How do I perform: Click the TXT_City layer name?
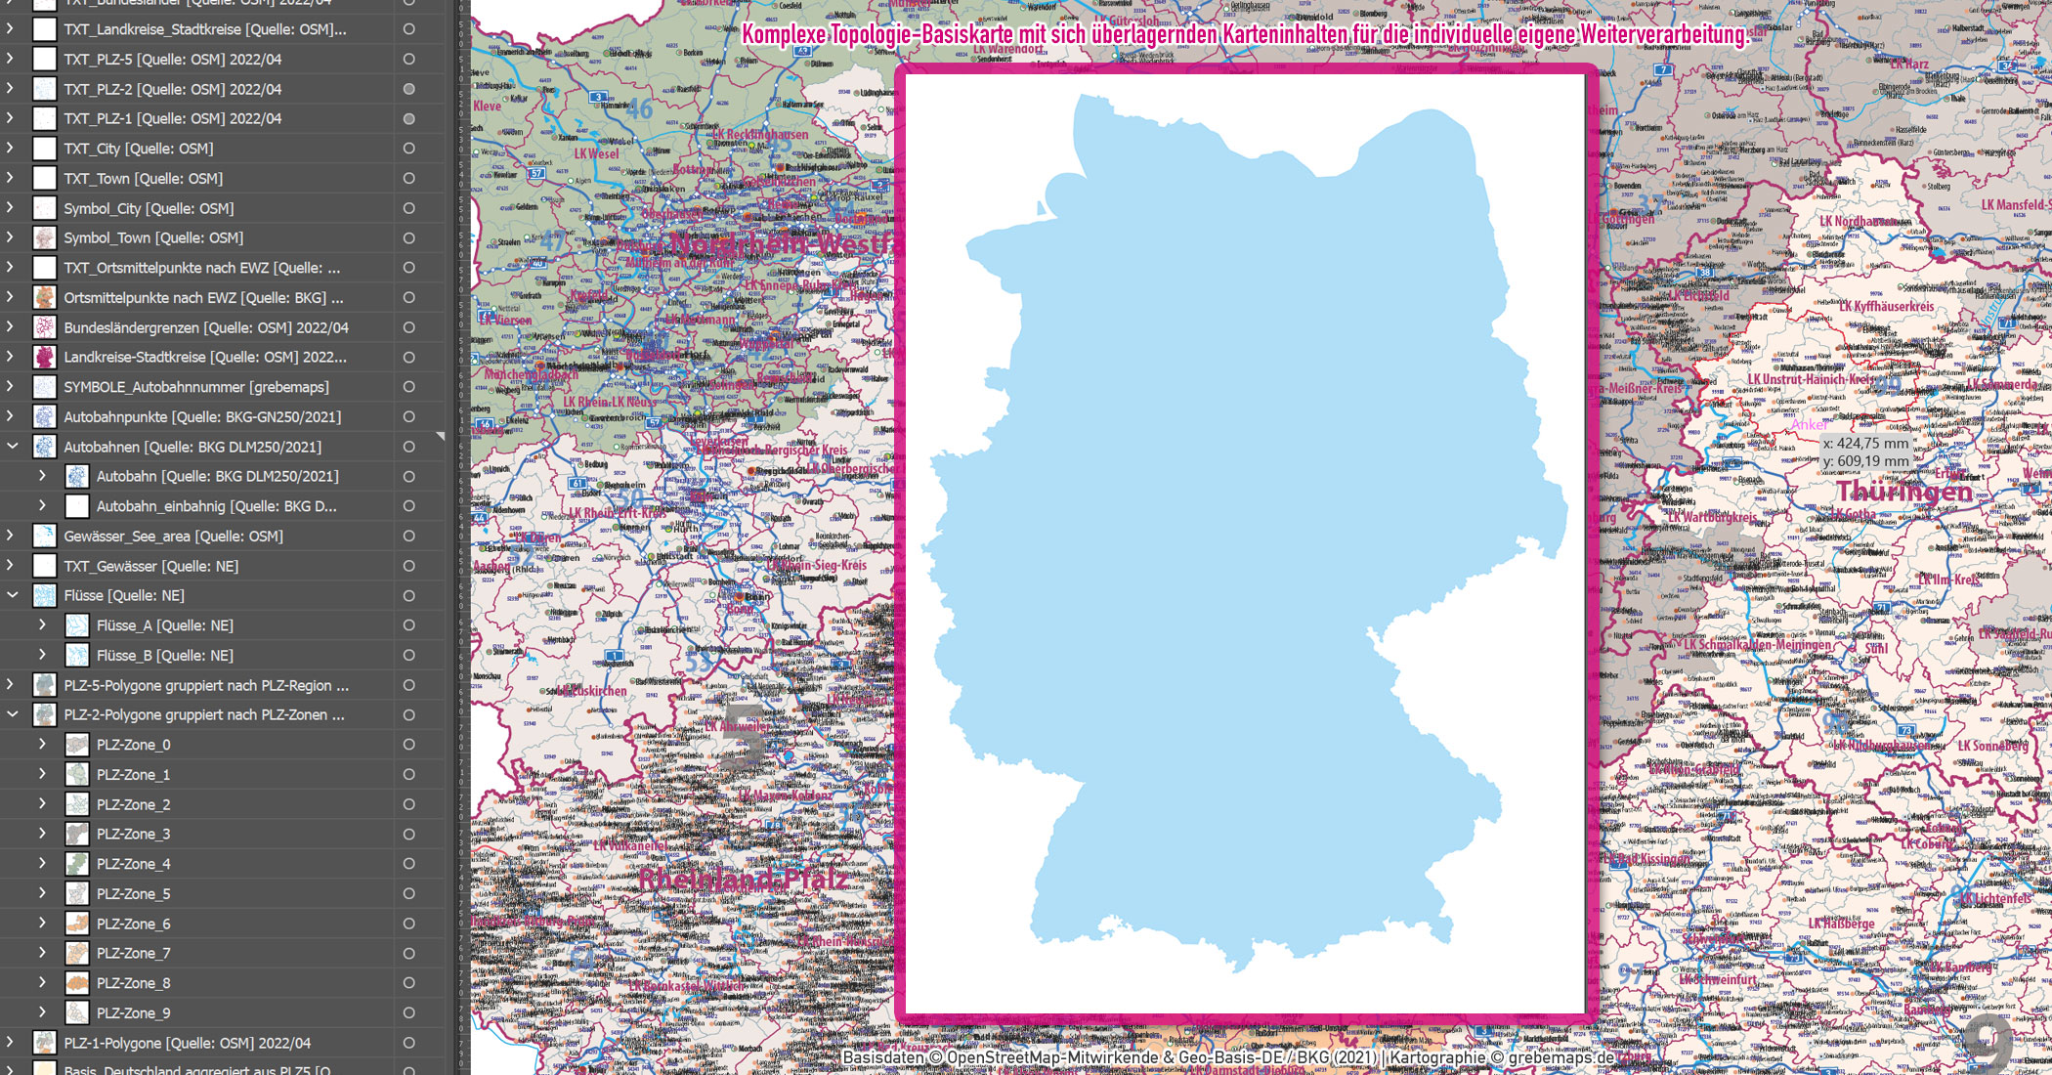(138, 149)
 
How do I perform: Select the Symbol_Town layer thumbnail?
(45, 237)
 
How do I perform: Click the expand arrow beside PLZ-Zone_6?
(42, 923)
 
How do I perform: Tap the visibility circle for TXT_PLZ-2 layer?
(408, 89)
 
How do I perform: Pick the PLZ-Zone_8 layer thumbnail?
(77, 983)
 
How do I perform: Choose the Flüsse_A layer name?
(164, 625)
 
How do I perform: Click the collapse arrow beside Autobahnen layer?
(13, 447)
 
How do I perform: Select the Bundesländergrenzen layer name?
(205, 327)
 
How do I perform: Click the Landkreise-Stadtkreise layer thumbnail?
(45, 357)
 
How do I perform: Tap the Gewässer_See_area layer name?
(173, 536)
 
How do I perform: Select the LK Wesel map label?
(596, 153)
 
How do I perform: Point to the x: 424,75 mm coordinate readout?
(1865, 443)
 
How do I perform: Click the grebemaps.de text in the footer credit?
(1560, 1057)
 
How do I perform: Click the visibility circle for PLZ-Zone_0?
(408, 745)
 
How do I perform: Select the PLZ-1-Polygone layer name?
(187, 1043)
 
